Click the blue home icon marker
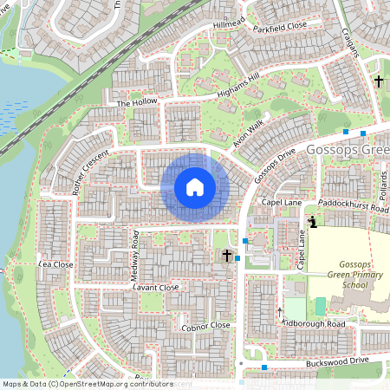[195, 186]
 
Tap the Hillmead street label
[230, 23]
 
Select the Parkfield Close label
[281, 26]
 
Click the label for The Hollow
[137, 103]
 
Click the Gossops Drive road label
[276, 166]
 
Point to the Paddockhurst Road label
[354, 208]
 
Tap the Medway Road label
[134, 256]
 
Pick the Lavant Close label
[156, 287]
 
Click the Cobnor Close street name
[205, 326]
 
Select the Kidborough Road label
[313, 323]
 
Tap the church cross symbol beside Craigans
[378, 81]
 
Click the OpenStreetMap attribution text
[87, 383]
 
